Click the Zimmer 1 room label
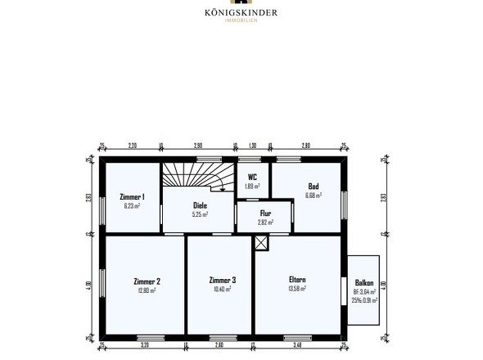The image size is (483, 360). (x=132, y=197)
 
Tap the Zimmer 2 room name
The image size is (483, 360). (x=147, y=281)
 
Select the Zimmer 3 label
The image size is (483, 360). (x=222, y=281)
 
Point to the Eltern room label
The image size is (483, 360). (x=297, y=281)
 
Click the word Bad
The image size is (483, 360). (x=313, y=186)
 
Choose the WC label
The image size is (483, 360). (x=252, y=177)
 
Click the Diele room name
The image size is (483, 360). (x=200, y=205)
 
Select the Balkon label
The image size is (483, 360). (x=364, y=283)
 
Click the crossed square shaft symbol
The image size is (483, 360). (x=260, y=242)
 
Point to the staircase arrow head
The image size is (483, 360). (x=222, y=187)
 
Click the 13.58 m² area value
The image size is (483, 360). (x=297, y=289)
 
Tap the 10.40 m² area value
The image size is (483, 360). (x=222, y=289)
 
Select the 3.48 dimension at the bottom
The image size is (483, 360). (x=298, y=345)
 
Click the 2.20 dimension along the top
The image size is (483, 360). (x=132, y=145)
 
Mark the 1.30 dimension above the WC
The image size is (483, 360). (x=252, y=145)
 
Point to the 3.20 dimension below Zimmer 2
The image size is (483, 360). (x=144, y=345)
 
